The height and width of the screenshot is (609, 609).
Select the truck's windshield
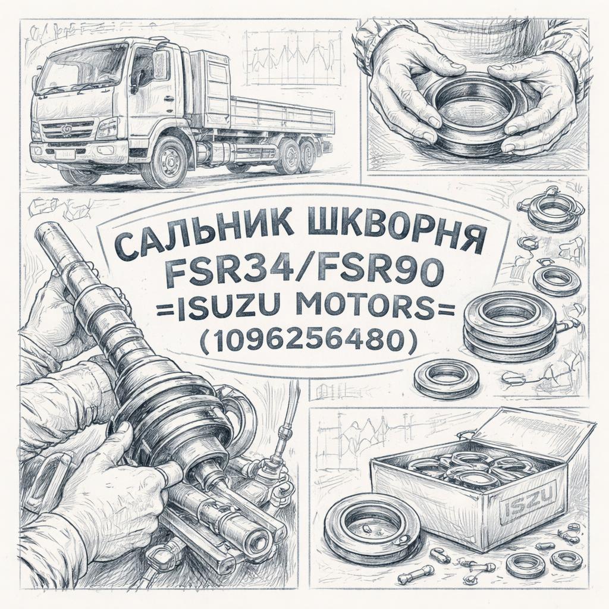[82, 68]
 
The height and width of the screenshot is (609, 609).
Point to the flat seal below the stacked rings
[447, 376]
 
